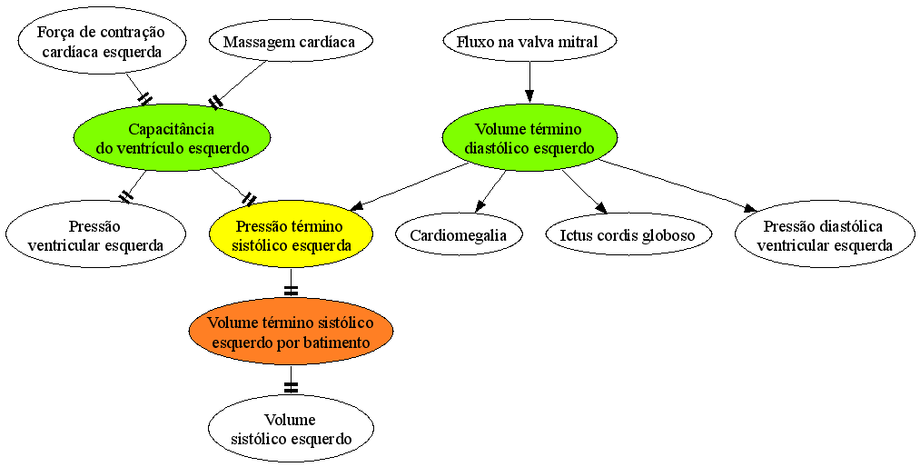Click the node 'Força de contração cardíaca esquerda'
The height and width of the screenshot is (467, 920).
[103, 41]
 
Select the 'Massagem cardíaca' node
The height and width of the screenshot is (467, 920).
[291, 42]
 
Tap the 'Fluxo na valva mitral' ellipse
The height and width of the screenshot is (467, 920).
[529, 42]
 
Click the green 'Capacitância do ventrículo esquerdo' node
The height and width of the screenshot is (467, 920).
[172, 138]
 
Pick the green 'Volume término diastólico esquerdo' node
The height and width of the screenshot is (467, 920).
[529, 138]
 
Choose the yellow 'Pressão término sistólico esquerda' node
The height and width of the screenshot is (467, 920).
[292, 234]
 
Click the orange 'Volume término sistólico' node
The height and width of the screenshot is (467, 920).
[292, 332]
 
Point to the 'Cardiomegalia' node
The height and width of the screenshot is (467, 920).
[459, 235]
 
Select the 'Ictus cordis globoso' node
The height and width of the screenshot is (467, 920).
[628, 235]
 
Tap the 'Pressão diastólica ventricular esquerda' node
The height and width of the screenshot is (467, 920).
[825, 234]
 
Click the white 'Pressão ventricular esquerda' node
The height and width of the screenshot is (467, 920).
[95, 234]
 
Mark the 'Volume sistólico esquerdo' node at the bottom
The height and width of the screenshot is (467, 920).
[292, 428]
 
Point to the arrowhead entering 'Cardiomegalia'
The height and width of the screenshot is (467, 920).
[480, 206]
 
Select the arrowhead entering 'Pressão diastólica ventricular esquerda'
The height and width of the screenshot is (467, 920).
[749, 208]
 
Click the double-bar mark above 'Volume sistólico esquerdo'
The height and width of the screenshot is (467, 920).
[291, 387]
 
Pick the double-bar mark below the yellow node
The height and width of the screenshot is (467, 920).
[291, 290]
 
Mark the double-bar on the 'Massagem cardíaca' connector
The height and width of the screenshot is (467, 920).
[216, 102]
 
